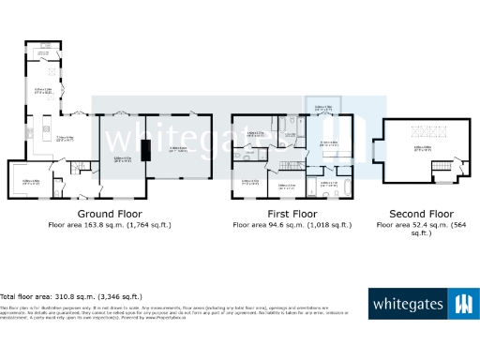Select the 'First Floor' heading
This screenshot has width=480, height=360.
(x=292, y=215)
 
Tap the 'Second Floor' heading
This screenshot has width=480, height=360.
(x=413, y=215)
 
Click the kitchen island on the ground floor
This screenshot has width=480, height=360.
(x=43, y=126)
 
